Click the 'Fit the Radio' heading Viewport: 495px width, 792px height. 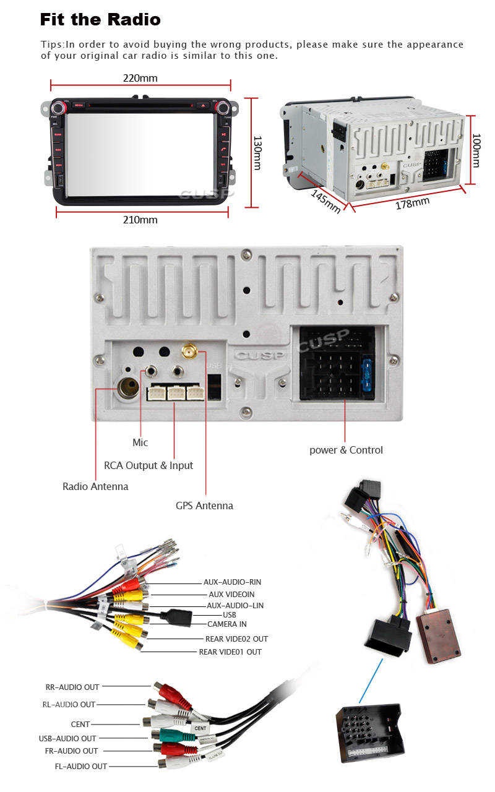(x=100, y=20)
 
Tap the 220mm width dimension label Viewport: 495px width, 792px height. (x=140, y=78)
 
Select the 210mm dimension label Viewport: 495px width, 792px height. (x=140, y=220)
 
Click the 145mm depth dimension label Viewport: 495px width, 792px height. (x=325, y=201)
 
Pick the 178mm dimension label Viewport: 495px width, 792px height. (x=412, y=202)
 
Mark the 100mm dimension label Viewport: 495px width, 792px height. (x=476, y=150)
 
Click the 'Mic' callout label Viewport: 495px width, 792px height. (x=140, y=442)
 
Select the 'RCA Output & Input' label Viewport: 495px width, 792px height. (x=148, y=465)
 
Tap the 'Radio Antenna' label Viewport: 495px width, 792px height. (x=95, y=486)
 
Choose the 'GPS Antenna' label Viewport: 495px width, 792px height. (x=204, y=506)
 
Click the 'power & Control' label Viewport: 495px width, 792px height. (x=346, y=450)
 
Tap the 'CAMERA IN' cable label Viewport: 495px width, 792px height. (x=226, y=624)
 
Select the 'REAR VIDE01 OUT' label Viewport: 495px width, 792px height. (x=230, y=652)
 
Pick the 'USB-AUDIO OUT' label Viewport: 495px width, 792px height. (x=67, y=738)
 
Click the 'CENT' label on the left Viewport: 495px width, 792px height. (x=80, y=724)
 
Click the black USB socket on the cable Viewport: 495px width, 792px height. (x=176, y=616)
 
